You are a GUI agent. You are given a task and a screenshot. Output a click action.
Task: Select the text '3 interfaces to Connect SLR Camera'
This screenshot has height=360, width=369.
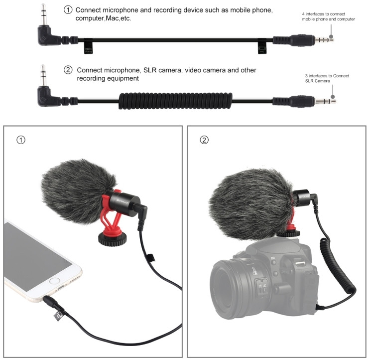(327, 78)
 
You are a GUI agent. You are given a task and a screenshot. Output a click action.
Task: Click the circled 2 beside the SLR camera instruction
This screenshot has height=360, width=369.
(68, 70)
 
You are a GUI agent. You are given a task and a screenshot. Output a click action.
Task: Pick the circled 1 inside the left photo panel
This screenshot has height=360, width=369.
(20, 140)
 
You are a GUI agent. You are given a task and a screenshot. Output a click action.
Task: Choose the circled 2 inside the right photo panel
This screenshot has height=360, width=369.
(204, 140)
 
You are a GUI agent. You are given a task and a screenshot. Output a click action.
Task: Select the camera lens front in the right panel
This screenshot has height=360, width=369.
(234, 289)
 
